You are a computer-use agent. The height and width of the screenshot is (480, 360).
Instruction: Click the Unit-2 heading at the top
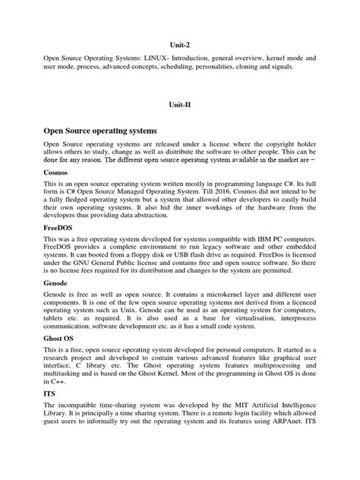(179, 45)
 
